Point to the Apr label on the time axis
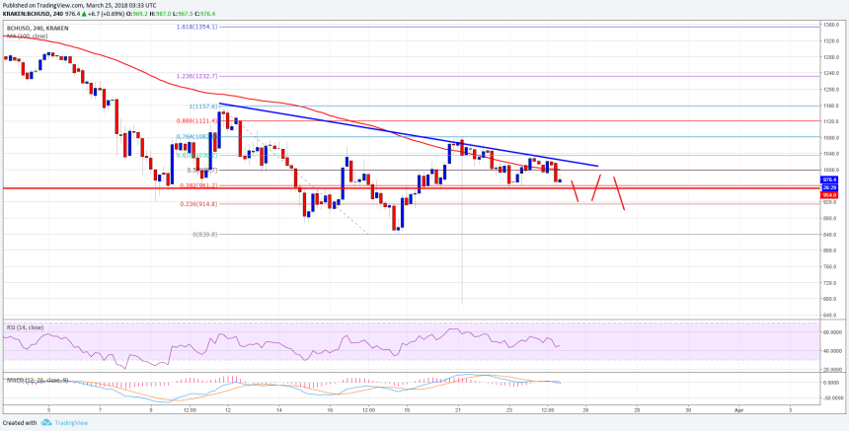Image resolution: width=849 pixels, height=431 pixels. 737,406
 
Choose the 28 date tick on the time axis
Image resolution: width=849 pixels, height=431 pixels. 636,406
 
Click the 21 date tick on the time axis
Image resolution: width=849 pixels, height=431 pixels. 459,406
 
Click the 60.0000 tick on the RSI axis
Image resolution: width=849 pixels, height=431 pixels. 831,332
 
